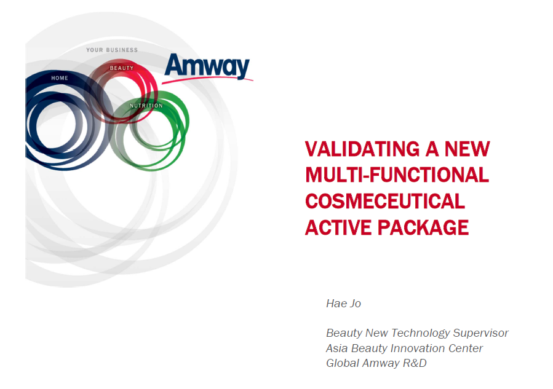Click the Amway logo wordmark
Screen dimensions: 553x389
coord(207,66)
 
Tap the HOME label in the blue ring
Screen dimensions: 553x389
coord(60,78)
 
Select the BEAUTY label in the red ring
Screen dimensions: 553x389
coord(122,68)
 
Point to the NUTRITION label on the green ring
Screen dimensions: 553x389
coord(146,106)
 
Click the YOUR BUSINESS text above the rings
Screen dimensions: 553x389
coord(112,50)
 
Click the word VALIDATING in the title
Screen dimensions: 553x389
coord(362,149)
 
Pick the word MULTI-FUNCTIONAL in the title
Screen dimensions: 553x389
coord(397,175)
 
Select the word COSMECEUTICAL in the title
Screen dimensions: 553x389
coord(385,201)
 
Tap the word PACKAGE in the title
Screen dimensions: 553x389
coord(423,227)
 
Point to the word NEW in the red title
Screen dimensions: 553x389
coord(467,149)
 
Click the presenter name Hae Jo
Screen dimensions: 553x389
coord(343,304)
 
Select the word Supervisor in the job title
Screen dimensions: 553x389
coord(480,333)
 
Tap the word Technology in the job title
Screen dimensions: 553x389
coord(420,333)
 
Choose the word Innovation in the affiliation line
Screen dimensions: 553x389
coord(418,348)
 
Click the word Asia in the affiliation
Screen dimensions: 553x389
coord(337,348)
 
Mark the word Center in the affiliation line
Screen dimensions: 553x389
coord(466,348)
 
